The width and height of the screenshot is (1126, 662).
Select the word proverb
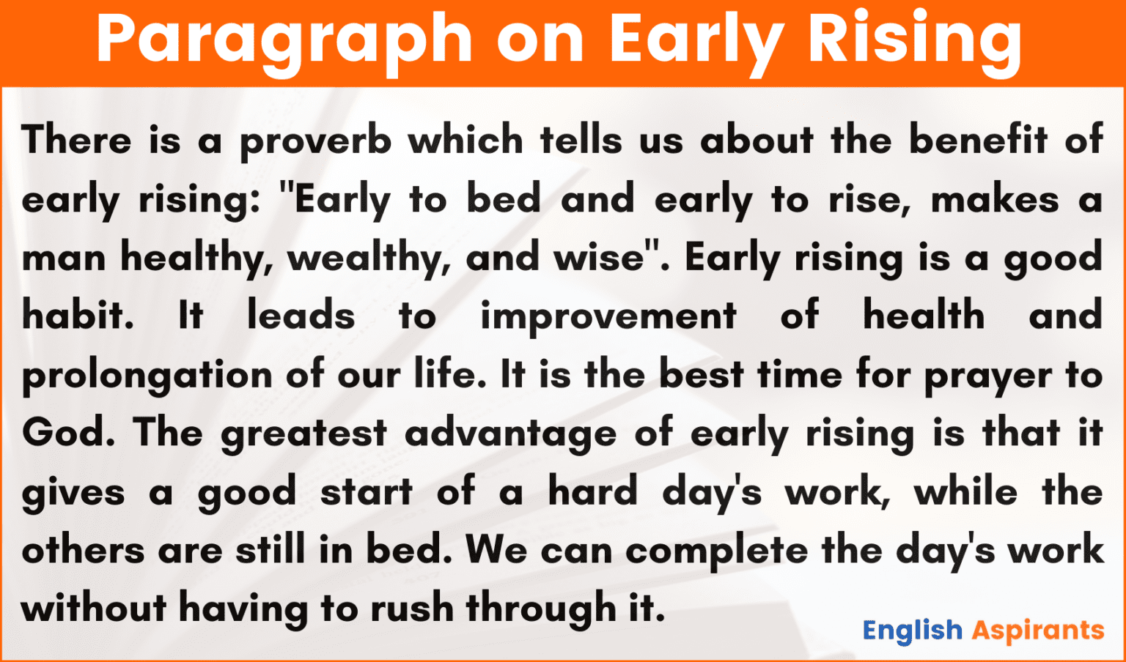315,141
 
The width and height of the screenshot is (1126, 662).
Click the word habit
78,316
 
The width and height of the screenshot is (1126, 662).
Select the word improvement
608,317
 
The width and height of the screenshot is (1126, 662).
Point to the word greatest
303,434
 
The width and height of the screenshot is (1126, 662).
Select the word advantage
510,434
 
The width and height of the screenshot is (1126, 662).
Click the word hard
592,491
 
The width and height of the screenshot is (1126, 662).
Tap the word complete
716,551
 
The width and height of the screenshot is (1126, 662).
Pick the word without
94,609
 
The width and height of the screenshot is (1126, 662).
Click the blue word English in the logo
912,631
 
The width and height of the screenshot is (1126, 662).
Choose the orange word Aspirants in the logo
1038,631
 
